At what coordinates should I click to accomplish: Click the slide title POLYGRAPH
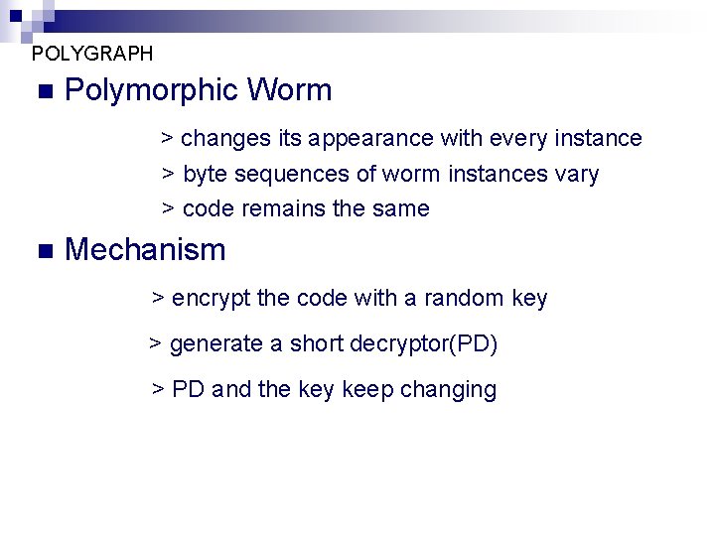(92, 54)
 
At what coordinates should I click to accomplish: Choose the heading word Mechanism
(145, 250)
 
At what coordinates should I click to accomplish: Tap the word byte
(205, 175)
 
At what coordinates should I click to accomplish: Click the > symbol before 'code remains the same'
(169, 209)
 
